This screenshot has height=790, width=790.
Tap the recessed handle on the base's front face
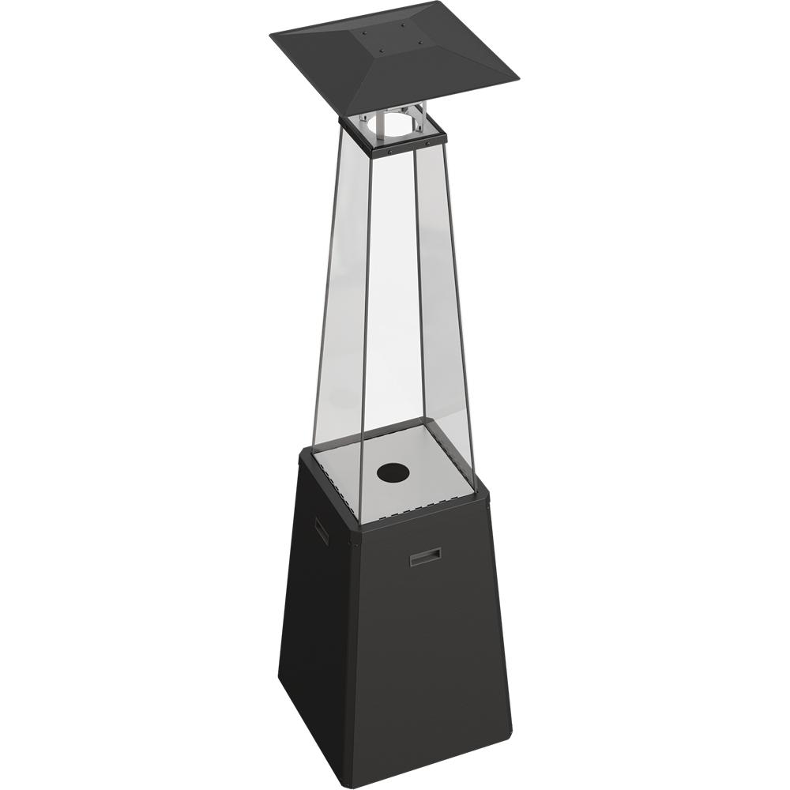425,557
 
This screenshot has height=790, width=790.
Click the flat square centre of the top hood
393,39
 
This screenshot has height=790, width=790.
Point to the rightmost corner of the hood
518,78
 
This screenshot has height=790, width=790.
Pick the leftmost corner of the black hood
270,36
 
